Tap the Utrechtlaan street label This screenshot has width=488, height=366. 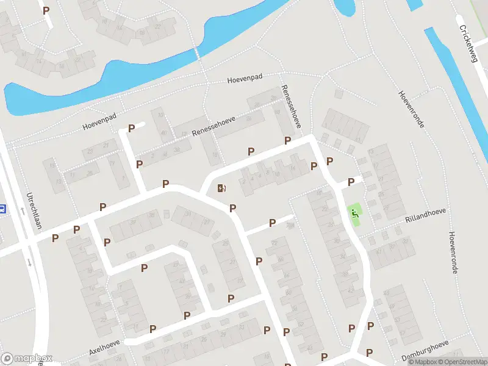click(30, 210)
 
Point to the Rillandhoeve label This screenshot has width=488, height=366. click(425, 214)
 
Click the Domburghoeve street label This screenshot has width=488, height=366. click(425, 356)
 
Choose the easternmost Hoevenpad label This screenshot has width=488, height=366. click(245, 79)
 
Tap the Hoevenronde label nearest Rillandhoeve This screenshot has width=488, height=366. click(453, 253)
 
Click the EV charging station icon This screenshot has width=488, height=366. click(221, 188)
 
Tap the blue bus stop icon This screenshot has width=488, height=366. click(2, 209)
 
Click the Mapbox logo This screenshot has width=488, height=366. click(27, 359)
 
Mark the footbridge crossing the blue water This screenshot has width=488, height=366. click(196, 54)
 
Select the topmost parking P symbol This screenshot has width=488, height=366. click(46, 10)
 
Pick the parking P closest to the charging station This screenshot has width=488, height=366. click(232, 209)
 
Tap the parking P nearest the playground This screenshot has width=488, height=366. click(351, 182)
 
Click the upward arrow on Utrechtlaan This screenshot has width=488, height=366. click(21, 211)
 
